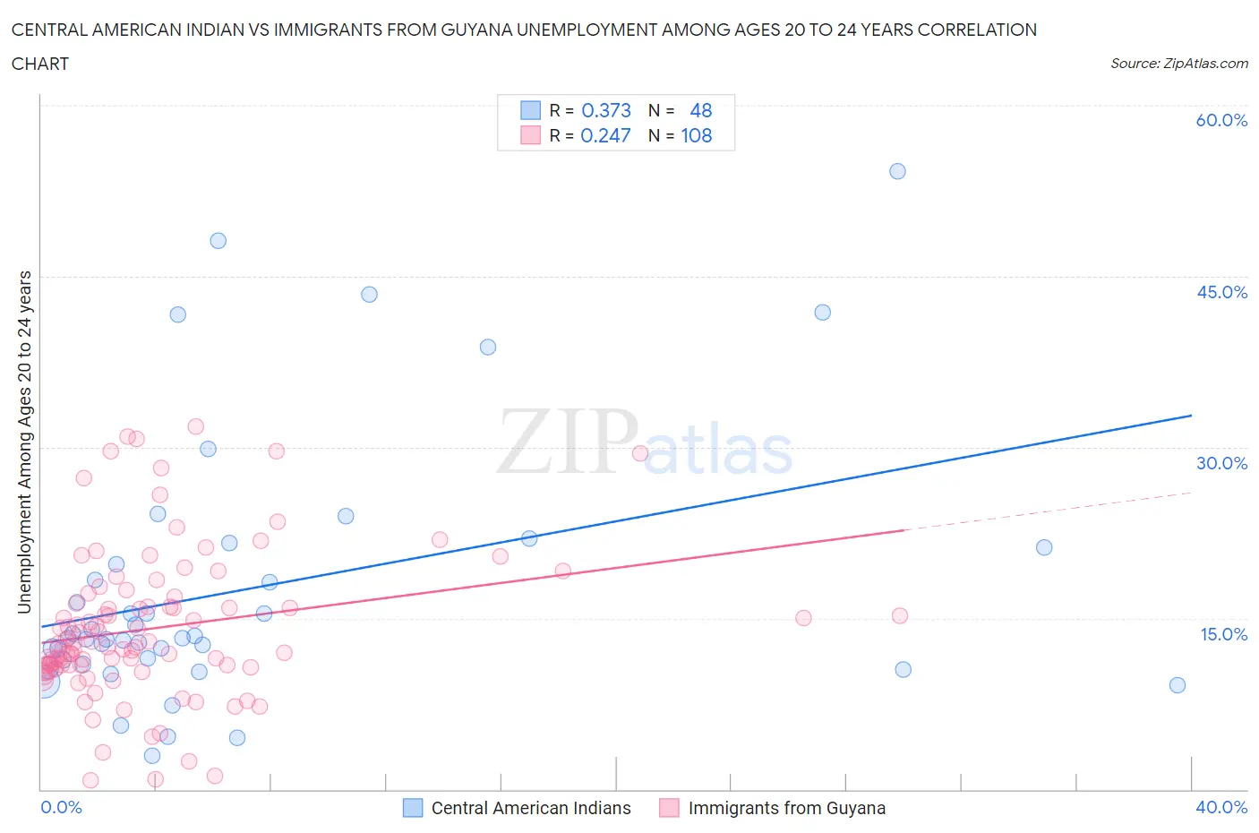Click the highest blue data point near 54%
click(897, 171)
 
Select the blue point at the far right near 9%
click(1178, 685)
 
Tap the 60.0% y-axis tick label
click(1221, 120)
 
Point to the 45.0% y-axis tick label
click(1221, 292)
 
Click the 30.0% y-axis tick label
click(1221, 463)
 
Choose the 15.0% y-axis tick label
click(1221, 634)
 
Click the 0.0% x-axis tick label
click(62, 807)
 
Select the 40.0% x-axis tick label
click(1221, 807)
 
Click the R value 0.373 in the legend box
click(606, 110)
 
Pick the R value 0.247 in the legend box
click(605, 135)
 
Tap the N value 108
click(697, 135)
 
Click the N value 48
click(701, 110)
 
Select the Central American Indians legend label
click(531, 808)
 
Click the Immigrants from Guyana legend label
click(786, 808)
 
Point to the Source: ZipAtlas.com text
click(1178, 63)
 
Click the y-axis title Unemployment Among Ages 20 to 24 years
click(25, 442)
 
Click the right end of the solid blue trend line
click(1191, 416)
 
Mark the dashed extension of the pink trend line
click(1048, 511)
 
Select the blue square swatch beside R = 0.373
click(530, 110)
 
